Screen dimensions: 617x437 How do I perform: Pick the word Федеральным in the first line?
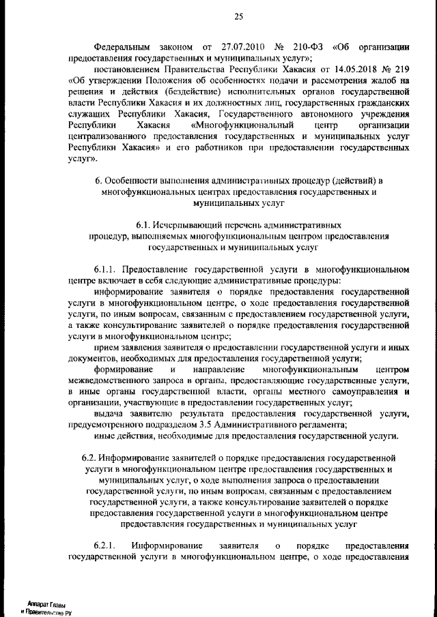point(117,47)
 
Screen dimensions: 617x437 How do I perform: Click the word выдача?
point(109,415)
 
